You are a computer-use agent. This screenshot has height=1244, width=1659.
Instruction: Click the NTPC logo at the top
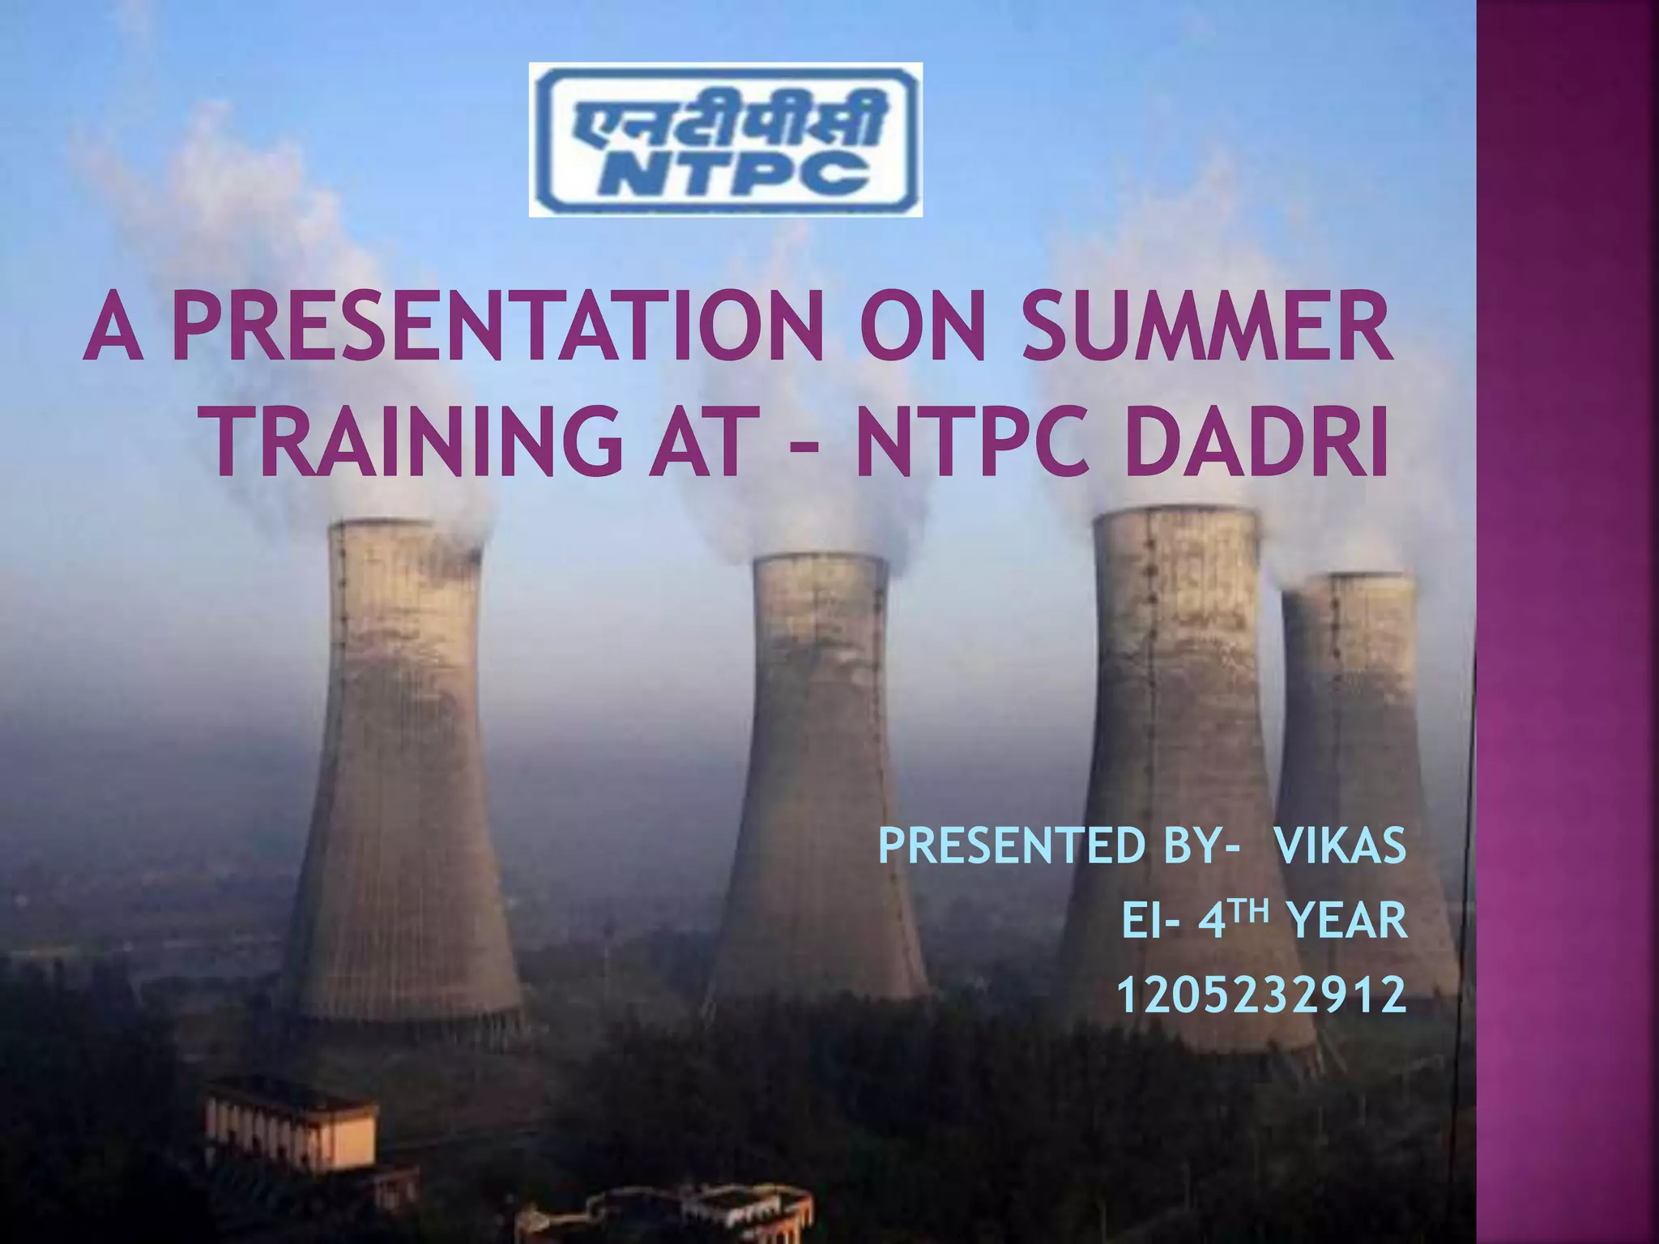725,139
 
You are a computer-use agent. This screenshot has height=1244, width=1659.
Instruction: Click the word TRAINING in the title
416,443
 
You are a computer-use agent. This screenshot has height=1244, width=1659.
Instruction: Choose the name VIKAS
1341,847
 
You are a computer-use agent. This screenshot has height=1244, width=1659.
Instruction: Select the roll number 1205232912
1261,995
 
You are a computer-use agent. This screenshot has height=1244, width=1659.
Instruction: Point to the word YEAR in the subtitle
1346,922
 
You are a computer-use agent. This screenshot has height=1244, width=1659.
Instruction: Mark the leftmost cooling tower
405,769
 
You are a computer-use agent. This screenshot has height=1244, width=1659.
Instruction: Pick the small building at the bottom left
292,1126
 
